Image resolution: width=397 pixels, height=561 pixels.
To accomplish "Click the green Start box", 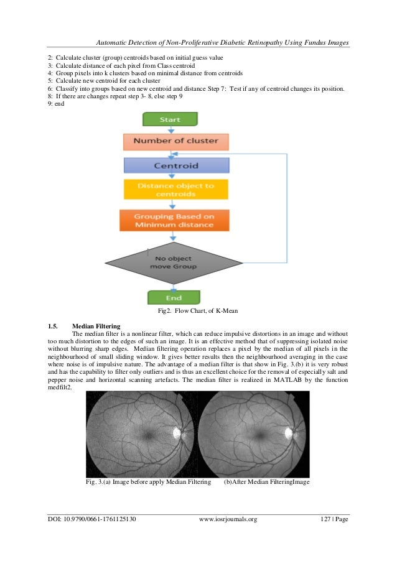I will click(170, 119).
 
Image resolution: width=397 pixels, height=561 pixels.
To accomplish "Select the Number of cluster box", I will click(176, 141).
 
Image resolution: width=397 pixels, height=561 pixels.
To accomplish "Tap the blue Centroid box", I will click(176, 165).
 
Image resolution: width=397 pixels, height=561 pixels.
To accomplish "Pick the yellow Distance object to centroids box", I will click(176, 190).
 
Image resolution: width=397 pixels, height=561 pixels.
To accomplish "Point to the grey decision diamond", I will click(175, 261).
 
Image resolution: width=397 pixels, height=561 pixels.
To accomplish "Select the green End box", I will click(173, 297).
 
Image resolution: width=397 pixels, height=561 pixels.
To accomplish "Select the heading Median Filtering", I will click(96, 325).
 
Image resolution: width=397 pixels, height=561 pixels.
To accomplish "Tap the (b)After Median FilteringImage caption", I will click(266, 482).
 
